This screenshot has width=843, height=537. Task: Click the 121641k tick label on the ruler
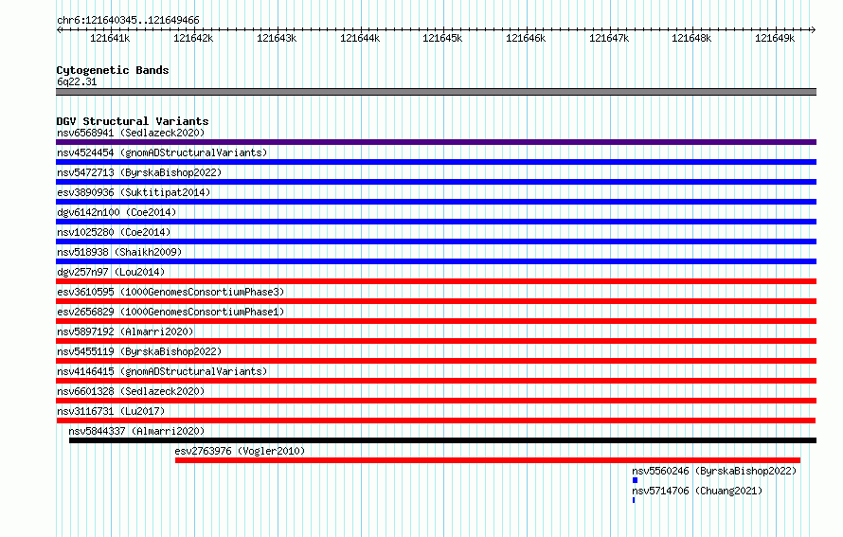click(110, 38)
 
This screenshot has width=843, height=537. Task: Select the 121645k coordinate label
click(442, 38)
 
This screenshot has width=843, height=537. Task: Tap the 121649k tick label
click(775, 38)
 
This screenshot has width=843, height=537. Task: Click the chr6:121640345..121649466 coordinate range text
click(128, 21)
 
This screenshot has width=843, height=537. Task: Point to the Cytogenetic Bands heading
click(113, 70)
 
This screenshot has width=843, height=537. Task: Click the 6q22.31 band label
click(77, 81)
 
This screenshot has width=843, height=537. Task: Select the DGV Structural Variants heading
click(133, 121)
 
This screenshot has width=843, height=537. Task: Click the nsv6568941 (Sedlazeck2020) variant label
click(131, 133)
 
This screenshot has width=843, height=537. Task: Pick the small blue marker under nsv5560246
click(635, 480)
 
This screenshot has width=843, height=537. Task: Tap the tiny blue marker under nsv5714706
click(634, 500)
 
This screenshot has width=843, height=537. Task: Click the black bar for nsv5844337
click(442, 440)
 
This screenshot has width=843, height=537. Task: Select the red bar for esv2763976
click(488, 460)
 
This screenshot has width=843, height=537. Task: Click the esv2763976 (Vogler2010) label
click(240, 451)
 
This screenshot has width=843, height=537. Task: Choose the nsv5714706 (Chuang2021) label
click(697, 491)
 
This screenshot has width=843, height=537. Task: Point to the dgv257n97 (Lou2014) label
click(111, 272)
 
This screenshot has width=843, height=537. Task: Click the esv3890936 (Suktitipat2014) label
click(134, 192)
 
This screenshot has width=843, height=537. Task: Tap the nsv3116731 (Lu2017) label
click(111, 411)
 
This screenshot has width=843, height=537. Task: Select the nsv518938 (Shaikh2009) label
click(119, 252)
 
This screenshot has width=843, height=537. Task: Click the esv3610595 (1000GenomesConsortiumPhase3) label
click(170, 292)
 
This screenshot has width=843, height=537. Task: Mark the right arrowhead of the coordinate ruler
click(814, 29)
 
